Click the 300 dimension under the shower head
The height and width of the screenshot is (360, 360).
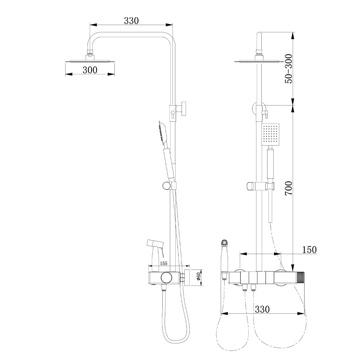(90, 70)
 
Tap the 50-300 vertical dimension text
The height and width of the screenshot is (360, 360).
(289, 69)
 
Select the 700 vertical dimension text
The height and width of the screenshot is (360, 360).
(289, 188)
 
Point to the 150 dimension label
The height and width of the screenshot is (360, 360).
(309, 249)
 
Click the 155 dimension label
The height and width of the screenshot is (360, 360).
(163, 264)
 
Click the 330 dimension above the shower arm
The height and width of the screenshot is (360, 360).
(131, 21)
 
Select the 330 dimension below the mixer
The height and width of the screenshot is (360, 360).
(262, 309)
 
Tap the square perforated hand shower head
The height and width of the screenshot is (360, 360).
(270, 135)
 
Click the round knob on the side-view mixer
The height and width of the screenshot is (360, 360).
(166, 278)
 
